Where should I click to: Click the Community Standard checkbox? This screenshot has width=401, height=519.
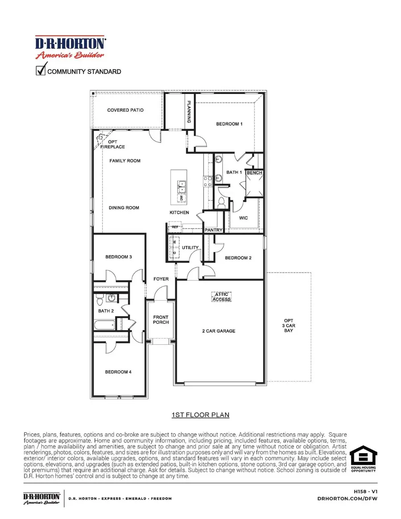pos(41,70)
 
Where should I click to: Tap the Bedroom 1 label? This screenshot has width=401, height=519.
pos(229,124)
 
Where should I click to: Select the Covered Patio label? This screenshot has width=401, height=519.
pos(125,110)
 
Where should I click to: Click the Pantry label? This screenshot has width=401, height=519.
pos(213,230)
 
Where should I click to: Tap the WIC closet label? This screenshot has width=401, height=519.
pos(243,218)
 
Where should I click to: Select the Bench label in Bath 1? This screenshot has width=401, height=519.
pos(254,172)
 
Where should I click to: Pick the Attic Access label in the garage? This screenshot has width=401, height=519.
pos(221,297)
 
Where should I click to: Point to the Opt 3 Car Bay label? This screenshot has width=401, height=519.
pos(289,326)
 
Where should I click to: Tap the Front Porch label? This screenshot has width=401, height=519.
pos(161,320)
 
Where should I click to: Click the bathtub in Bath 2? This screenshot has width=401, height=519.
pos(104,324)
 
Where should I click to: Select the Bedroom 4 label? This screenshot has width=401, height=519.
pos(118,372)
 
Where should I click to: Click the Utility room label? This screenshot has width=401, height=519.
pos(190,247)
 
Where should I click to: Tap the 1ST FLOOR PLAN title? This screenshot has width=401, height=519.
pos(200,415)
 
